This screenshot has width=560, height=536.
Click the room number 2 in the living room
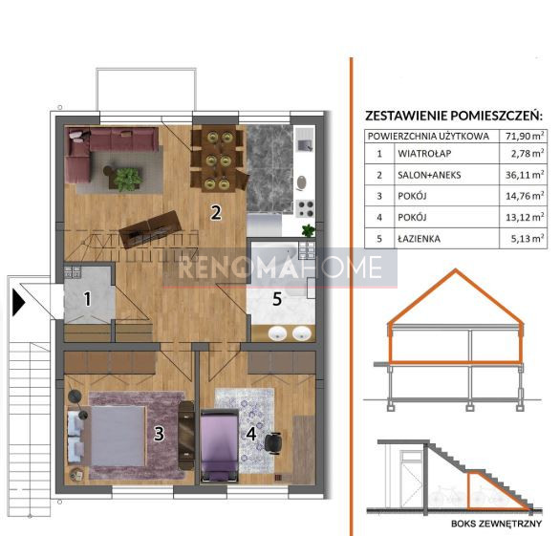click(216, 212)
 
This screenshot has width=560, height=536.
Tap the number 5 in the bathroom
click(277, 299)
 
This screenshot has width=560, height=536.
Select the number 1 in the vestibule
click(88, 299)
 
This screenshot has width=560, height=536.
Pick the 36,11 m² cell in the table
click(525, 175)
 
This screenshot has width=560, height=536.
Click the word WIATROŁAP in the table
click(424, 154)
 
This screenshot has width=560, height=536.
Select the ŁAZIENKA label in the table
click(419, 238)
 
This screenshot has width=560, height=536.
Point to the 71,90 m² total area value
click(525, 136)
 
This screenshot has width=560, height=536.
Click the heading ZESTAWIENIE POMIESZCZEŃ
click(454, 116)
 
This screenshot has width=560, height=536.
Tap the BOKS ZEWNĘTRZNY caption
click(496, 524)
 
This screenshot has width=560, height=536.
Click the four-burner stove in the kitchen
click(306, 208)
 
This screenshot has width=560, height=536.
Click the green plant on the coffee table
click(126, 179)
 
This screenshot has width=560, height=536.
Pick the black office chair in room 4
click(273, 443)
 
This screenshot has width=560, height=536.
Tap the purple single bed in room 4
click(219, 446)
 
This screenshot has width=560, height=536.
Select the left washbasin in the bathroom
click(277, 333)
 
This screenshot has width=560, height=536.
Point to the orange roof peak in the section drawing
click(455, 271)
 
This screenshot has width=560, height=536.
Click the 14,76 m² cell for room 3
click(525, 196)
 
